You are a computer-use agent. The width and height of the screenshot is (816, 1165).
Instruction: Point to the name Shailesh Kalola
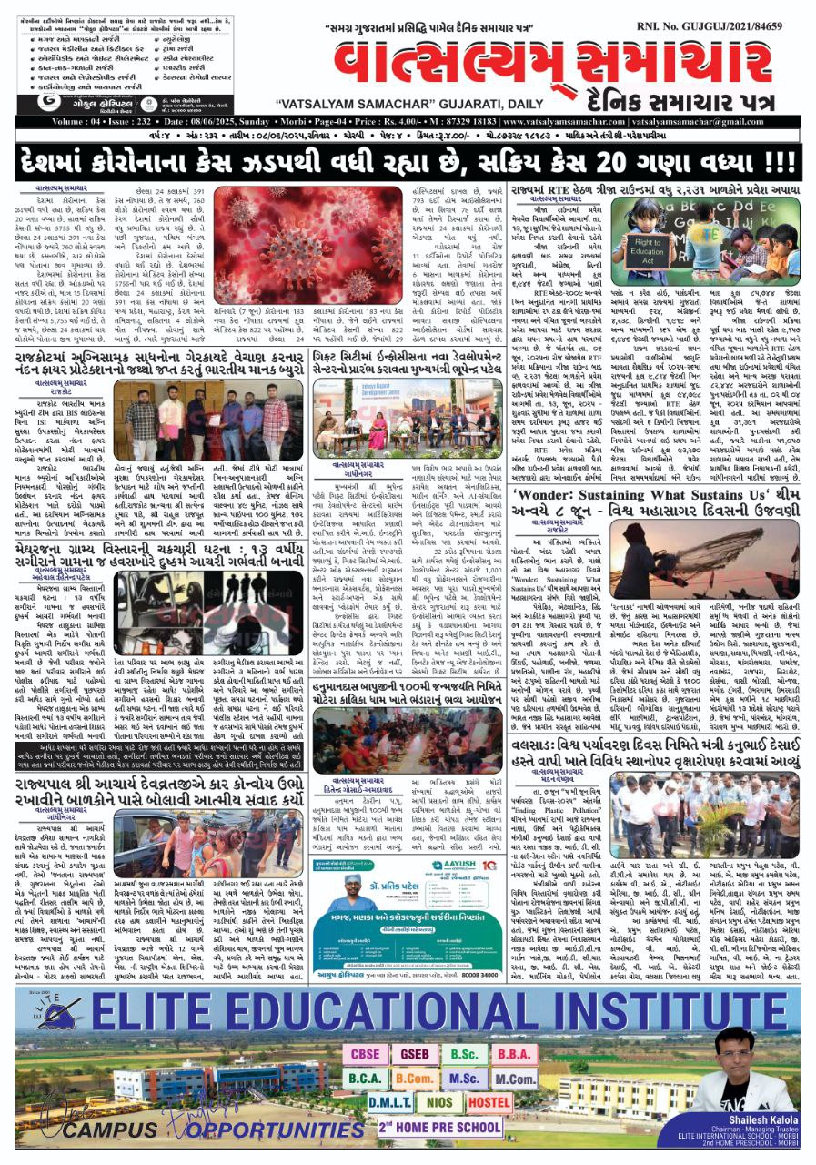[739, 1119]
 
